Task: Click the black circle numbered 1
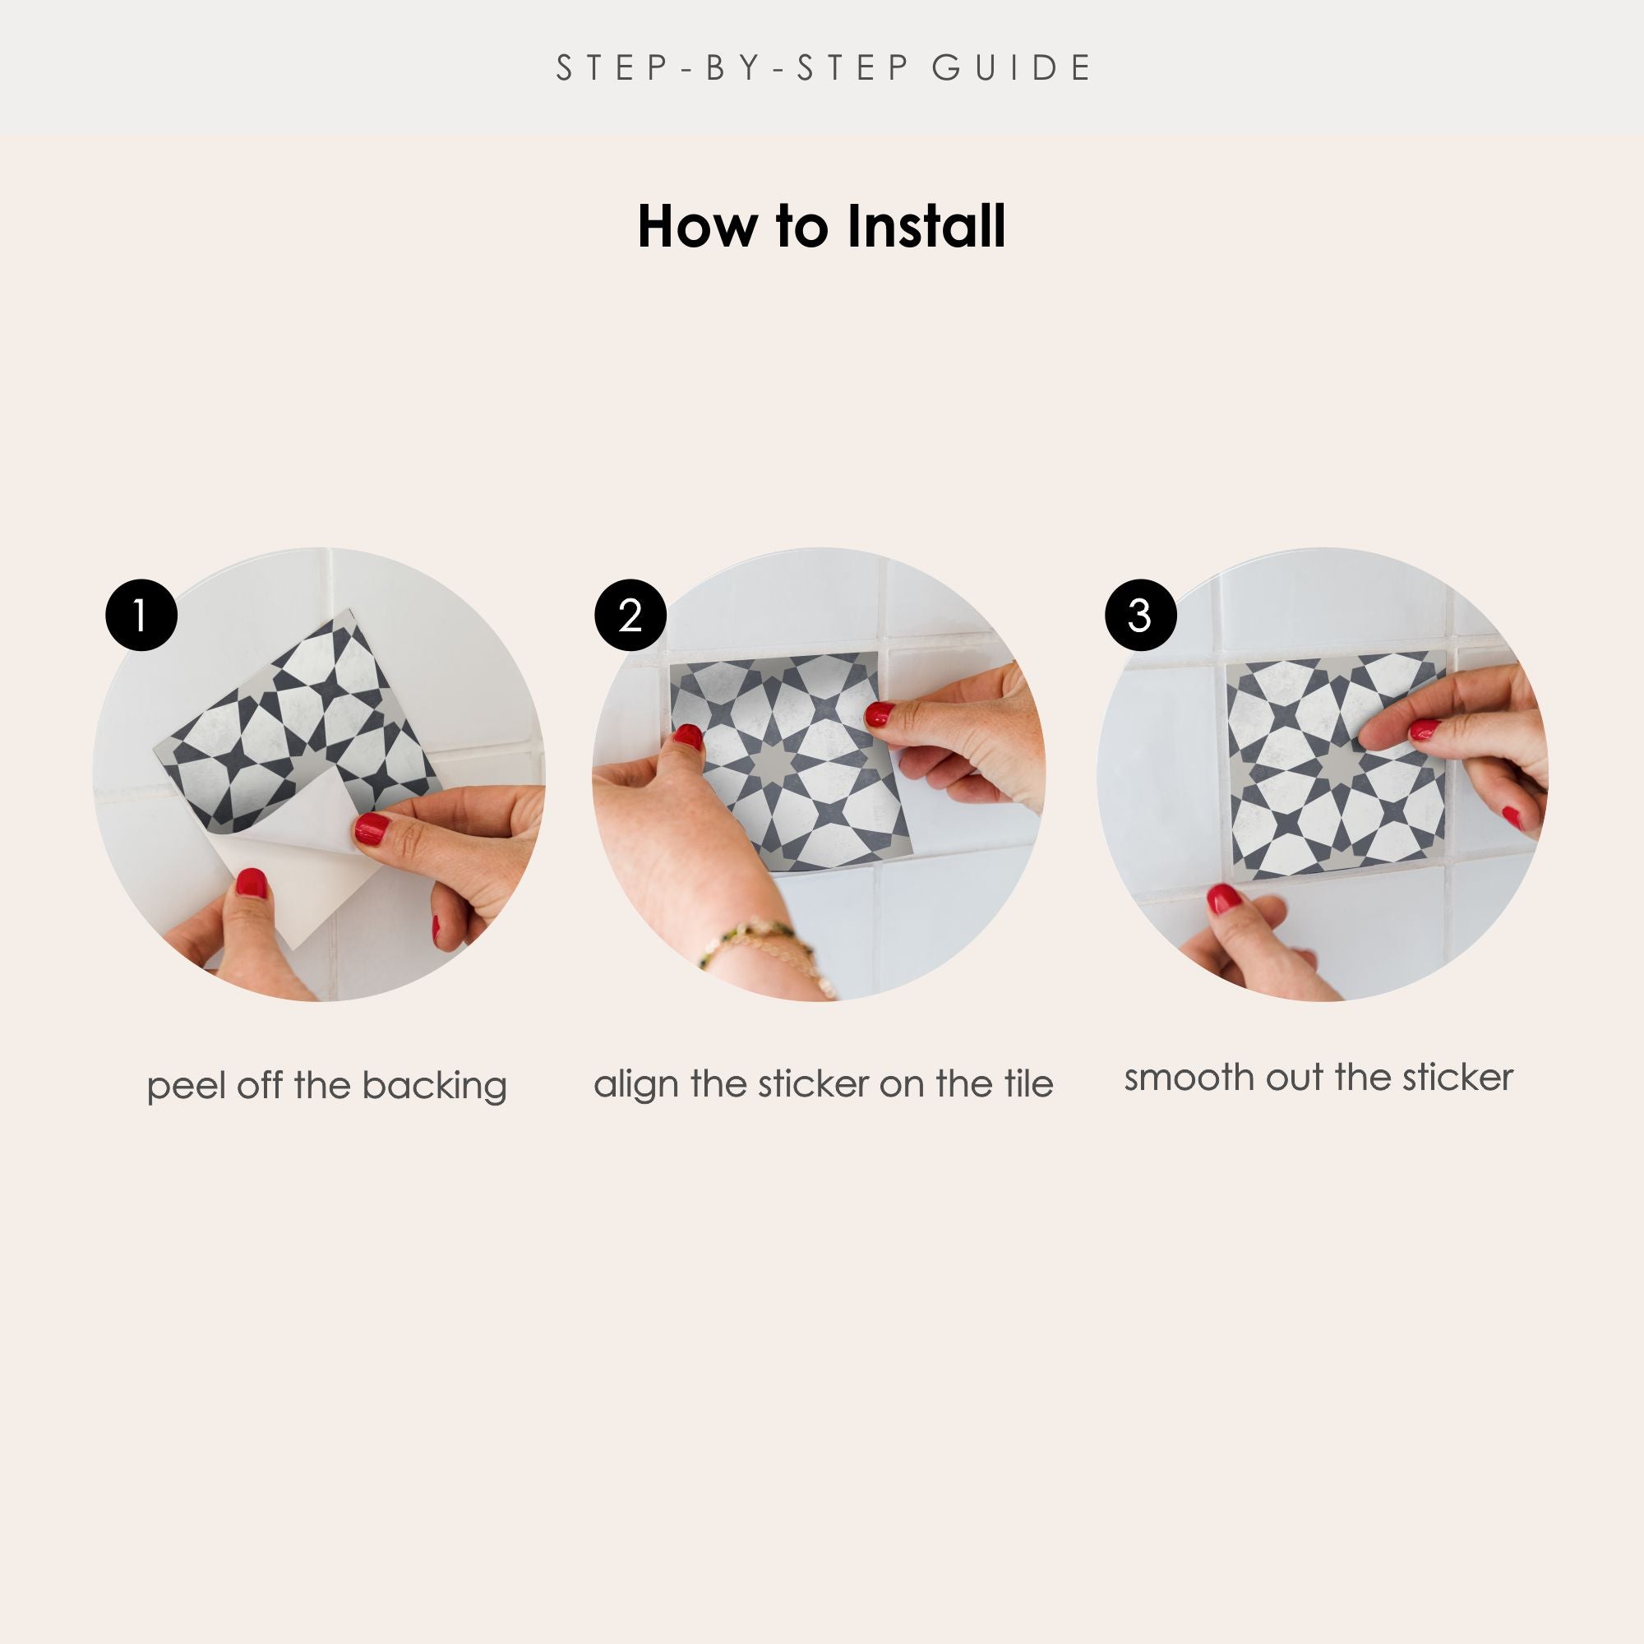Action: [x=141, y=615]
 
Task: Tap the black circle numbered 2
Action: [x=630, y=615]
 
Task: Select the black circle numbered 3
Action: [x=1140, y=615]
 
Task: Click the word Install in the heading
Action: [x=926, y=226]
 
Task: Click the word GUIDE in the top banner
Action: [x=1012, y=68]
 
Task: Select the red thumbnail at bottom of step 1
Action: [x=251, y=884]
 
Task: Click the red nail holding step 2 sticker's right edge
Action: [x=879, y=713]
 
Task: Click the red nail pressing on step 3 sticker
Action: [x=1424, y=729]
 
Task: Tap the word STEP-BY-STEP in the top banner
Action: [x=733, y=68]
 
